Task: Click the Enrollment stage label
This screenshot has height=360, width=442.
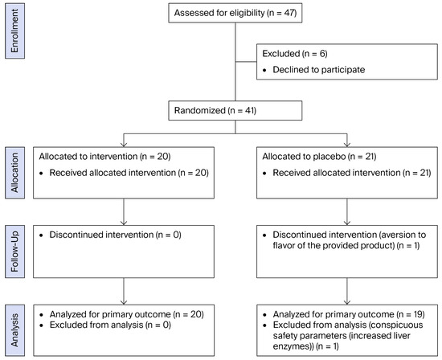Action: [14, 31]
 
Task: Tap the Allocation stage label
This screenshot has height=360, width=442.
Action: [14, 173]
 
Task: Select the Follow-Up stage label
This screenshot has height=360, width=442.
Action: [14, 252]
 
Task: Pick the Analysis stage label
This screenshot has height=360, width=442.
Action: [14, 330]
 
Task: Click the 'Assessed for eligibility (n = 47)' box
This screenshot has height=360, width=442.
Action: [235, 13]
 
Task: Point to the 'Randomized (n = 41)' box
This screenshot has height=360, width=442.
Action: [235, 111]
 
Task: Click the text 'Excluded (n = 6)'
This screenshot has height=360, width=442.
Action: [295, 54]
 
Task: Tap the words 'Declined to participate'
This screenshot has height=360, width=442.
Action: [319, 70]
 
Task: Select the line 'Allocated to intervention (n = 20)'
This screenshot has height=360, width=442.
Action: [104, 157]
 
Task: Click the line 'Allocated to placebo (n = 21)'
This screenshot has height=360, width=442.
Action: [319, 157]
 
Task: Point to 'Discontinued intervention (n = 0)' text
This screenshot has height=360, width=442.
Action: [115, 235]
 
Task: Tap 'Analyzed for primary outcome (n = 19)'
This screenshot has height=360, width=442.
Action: [349, 314]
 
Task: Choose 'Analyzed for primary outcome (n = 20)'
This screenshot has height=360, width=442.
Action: [127, 314]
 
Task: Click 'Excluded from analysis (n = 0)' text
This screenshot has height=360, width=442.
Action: [111, 325]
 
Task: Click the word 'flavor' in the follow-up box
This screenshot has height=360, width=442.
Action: [284, 246]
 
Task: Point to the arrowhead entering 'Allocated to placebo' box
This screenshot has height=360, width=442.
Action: [347, 145]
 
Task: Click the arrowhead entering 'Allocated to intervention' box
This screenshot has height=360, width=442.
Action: [124, 145]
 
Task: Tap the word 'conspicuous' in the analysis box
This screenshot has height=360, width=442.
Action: [399, 325]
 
